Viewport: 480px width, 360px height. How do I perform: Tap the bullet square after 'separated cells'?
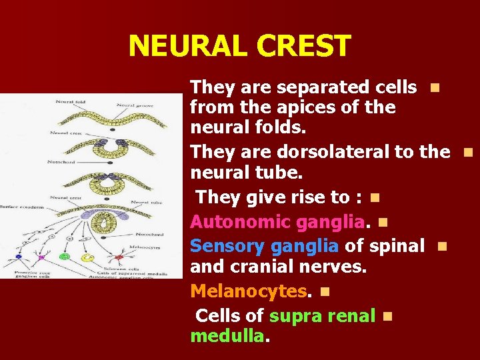(x=435, y=87)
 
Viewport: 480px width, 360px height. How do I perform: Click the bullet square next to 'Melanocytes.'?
(x=324, y=291)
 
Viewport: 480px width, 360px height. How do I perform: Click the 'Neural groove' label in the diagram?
(x=132, y=105)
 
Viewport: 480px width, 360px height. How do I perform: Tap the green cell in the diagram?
(x=65, y=256)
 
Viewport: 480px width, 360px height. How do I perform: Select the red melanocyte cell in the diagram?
(x=119, y=256)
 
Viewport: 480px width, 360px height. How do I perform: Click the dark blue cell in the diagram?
(x=19, y=256)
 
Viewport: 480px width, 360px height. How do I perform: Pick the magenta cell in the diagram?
(x=41, y=257)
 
